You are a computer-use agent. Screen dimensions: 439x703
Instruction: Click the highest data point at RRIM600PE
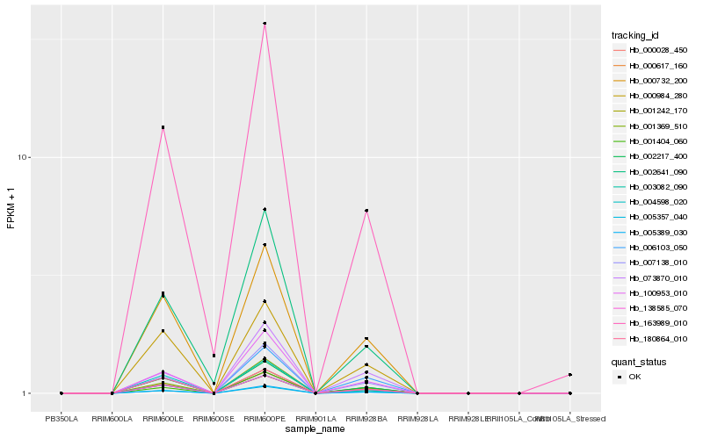pyautogui.click(x=265, y=24)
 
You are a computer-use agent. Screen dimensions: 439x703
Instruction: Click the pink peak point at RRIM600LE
pyautogui.click(x=163, y=127)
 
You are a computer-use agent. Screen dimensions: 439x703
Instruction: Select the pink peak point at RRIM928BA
pyautogui.click(x=366, y=211)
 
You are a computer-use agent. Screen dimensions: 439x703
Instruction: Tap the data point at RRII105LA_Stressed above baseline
pyautogui.click(x=570, y=375)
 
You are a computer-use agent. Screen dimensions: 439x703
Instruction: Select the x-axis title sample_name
pyautogui.click(x=315, y=428)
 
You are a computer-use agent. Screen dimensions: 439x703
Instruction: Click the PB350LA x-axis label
pyautogui.click(x=62, y=418)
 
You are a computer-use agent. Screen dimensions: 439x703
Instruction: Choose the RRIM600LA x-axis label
pyautogui.click(x=112, y=418)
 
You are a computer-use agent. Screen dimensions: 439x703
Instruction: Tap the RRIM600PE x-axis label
pyautogui.click(x=265, y=418)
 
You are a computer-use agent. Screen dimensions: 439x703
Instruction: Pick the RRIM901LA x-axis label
pyautogui.click(x=315, y=418)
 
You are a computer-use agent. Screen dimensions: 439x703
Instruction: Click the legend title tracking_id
pyautogui.click(x=635, y=36)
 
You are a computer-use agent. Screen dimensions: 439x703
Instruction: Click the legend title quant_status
pyautogui.click(x=639, y=362)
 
